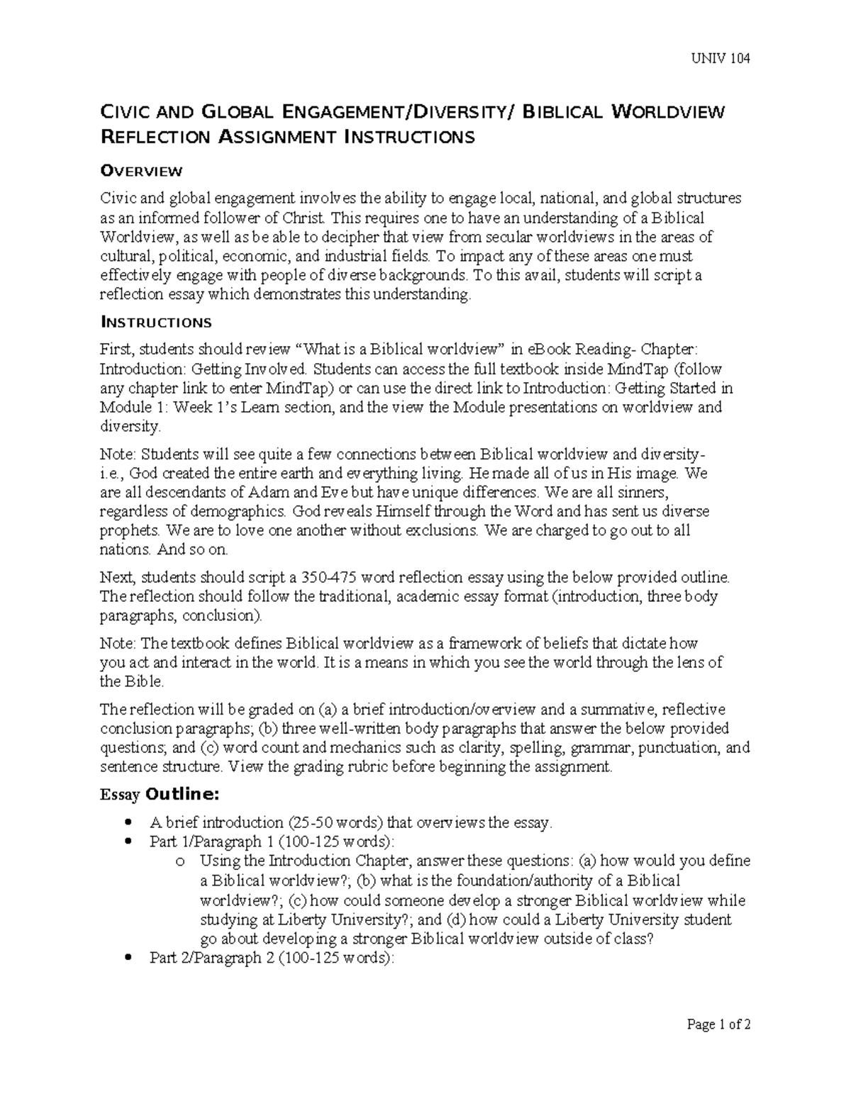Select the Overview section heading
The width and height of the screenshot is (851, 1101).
(x=142, y=171)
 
